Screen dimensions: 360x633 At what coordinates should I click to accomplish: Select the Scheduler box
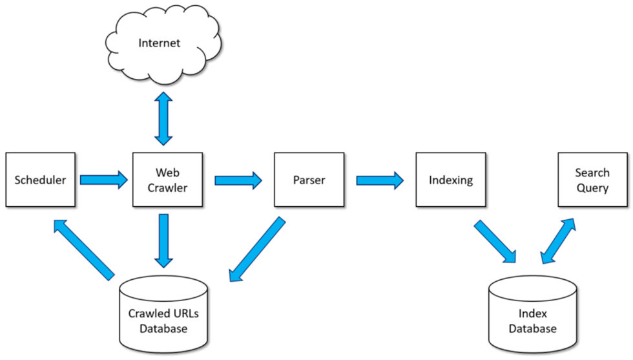[40, 180]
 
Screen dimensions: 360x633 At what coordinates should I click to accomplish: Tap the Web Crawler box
[167, 180]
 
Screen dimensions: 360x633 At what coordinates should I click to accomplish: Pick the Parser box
[309, 180]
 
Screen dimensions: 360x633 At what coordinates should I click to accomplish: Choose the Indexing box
[450, 180]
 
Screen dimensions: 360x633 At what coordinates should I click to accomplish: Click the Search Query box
[592, 180]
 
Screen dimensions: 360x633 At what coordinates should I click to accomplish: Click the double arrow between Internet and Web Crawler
[163, 118]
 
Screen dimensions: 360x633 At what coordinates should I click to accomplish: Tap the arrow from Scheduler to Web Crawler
[103, 179]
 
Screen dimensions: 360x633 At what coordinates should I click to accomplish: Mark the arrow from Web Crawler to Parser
[238, 179]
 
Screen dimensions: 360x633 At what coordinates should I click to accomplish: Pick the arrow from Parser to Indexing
[380, 179]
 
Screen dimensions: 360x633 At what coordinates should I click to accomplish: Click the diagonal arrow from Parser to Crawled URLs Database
[256, 250]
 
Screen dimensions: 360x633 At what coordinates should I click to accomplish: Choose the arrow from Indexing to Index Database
[495, 242]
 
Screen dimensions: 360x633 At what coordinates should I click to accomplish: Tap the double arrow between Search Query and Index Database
[558, 241]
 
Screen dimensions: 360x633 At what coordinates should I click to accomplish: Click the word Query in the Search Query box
[592, 188]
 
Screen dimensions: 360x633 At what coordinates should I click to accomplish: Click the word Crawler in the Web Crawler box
[167, 188]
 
